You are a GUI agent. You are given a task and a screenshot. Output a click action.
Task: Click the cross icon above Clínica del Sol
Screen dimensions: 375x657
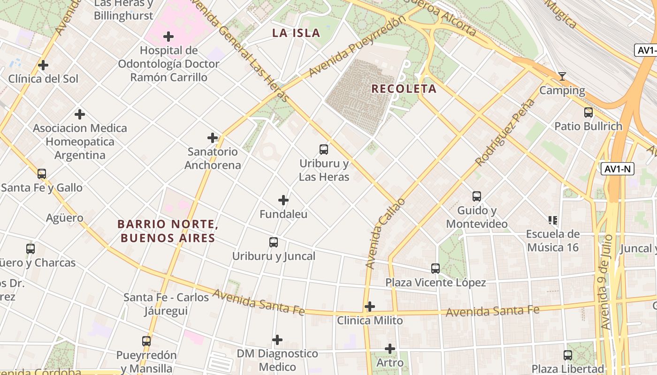point(43,65)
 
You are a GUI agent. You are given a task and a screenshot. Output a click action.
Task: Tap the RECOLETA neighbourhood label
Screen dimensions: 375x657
point(404,89)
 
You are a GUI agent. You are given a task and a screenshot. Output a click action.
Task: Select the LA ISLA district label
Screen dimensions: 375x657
point(296,33)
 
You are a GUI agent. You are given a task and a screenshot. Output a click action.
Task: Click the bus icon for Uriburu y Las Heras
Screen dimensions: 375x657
point(324,150)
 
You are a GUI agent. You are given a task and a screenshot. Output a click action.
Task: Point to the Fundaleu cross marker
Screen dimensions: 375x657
point(283,200)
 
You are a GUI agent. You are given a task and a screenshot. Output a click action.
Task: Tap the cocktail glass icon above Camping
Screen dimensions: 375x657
point(562,76)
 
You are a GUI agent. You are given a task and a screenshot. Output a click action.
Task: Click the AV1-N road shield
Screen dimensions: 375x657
point(617,169)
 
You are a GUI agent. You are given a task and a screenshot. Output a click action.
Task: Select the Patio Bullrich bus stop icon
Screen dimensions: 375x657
point(588,112)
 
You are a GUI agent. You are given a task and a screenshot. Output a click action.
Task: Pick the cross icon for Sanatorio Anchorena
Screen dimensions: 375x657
point(213,138)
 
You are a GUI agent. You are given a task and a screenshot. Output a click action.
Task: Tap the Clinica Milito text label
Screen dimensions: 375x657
point(370,321)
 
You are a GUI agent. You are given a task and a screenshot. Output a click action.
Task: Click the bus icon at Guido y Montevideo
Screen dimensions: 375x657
point(477,196)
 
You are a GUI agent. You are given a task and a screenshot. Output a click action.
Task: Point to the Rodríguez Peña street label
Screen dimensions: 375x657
point(505,132)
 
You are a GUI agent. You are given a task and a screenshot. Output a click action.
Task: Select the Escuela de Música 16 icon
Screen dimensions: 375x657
point(553,220)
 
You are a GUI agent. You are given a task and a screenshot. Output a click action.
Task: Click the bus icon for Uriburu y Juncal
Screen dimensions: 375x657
point(274,242)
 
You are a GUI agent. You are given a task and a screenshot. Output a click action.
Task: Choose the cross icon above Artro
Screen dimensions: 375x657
point(390,349)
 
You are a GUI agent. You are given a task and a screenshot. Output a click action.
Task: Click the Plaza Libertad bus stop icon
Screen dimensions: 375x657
point(568,355)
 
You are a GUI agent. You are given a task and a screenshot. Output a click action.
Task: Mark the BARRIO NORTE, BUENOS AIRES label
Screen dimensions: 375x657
point(168,231)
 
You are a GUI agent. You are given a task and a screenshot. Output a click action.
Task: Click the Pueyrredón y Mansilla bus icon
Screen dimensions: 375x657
point(146,341)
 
